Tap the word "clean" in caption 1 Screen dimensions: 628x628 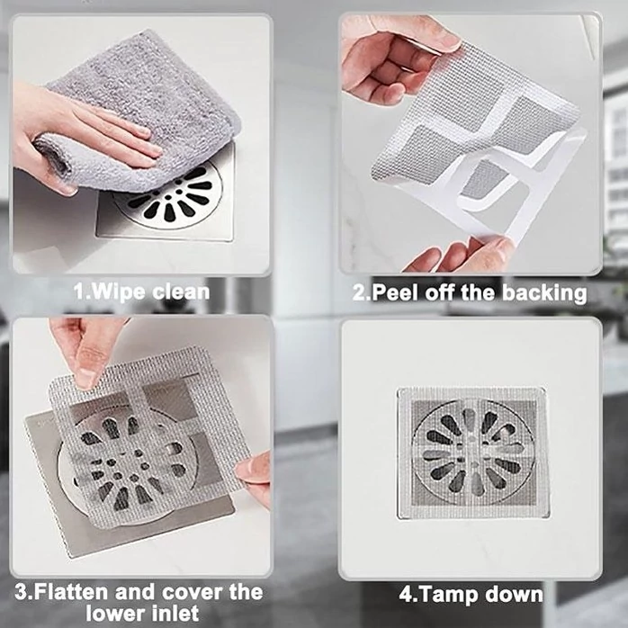181,292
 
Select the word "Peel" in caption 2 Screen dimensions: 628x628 394,292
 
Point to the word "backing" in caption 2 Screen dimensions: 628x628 544,293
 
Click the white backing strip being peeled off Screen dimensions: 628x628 521,176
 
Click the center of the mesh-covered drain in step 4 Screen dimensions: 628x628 472,453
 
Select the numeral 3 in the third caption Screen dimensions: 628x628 21,592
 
